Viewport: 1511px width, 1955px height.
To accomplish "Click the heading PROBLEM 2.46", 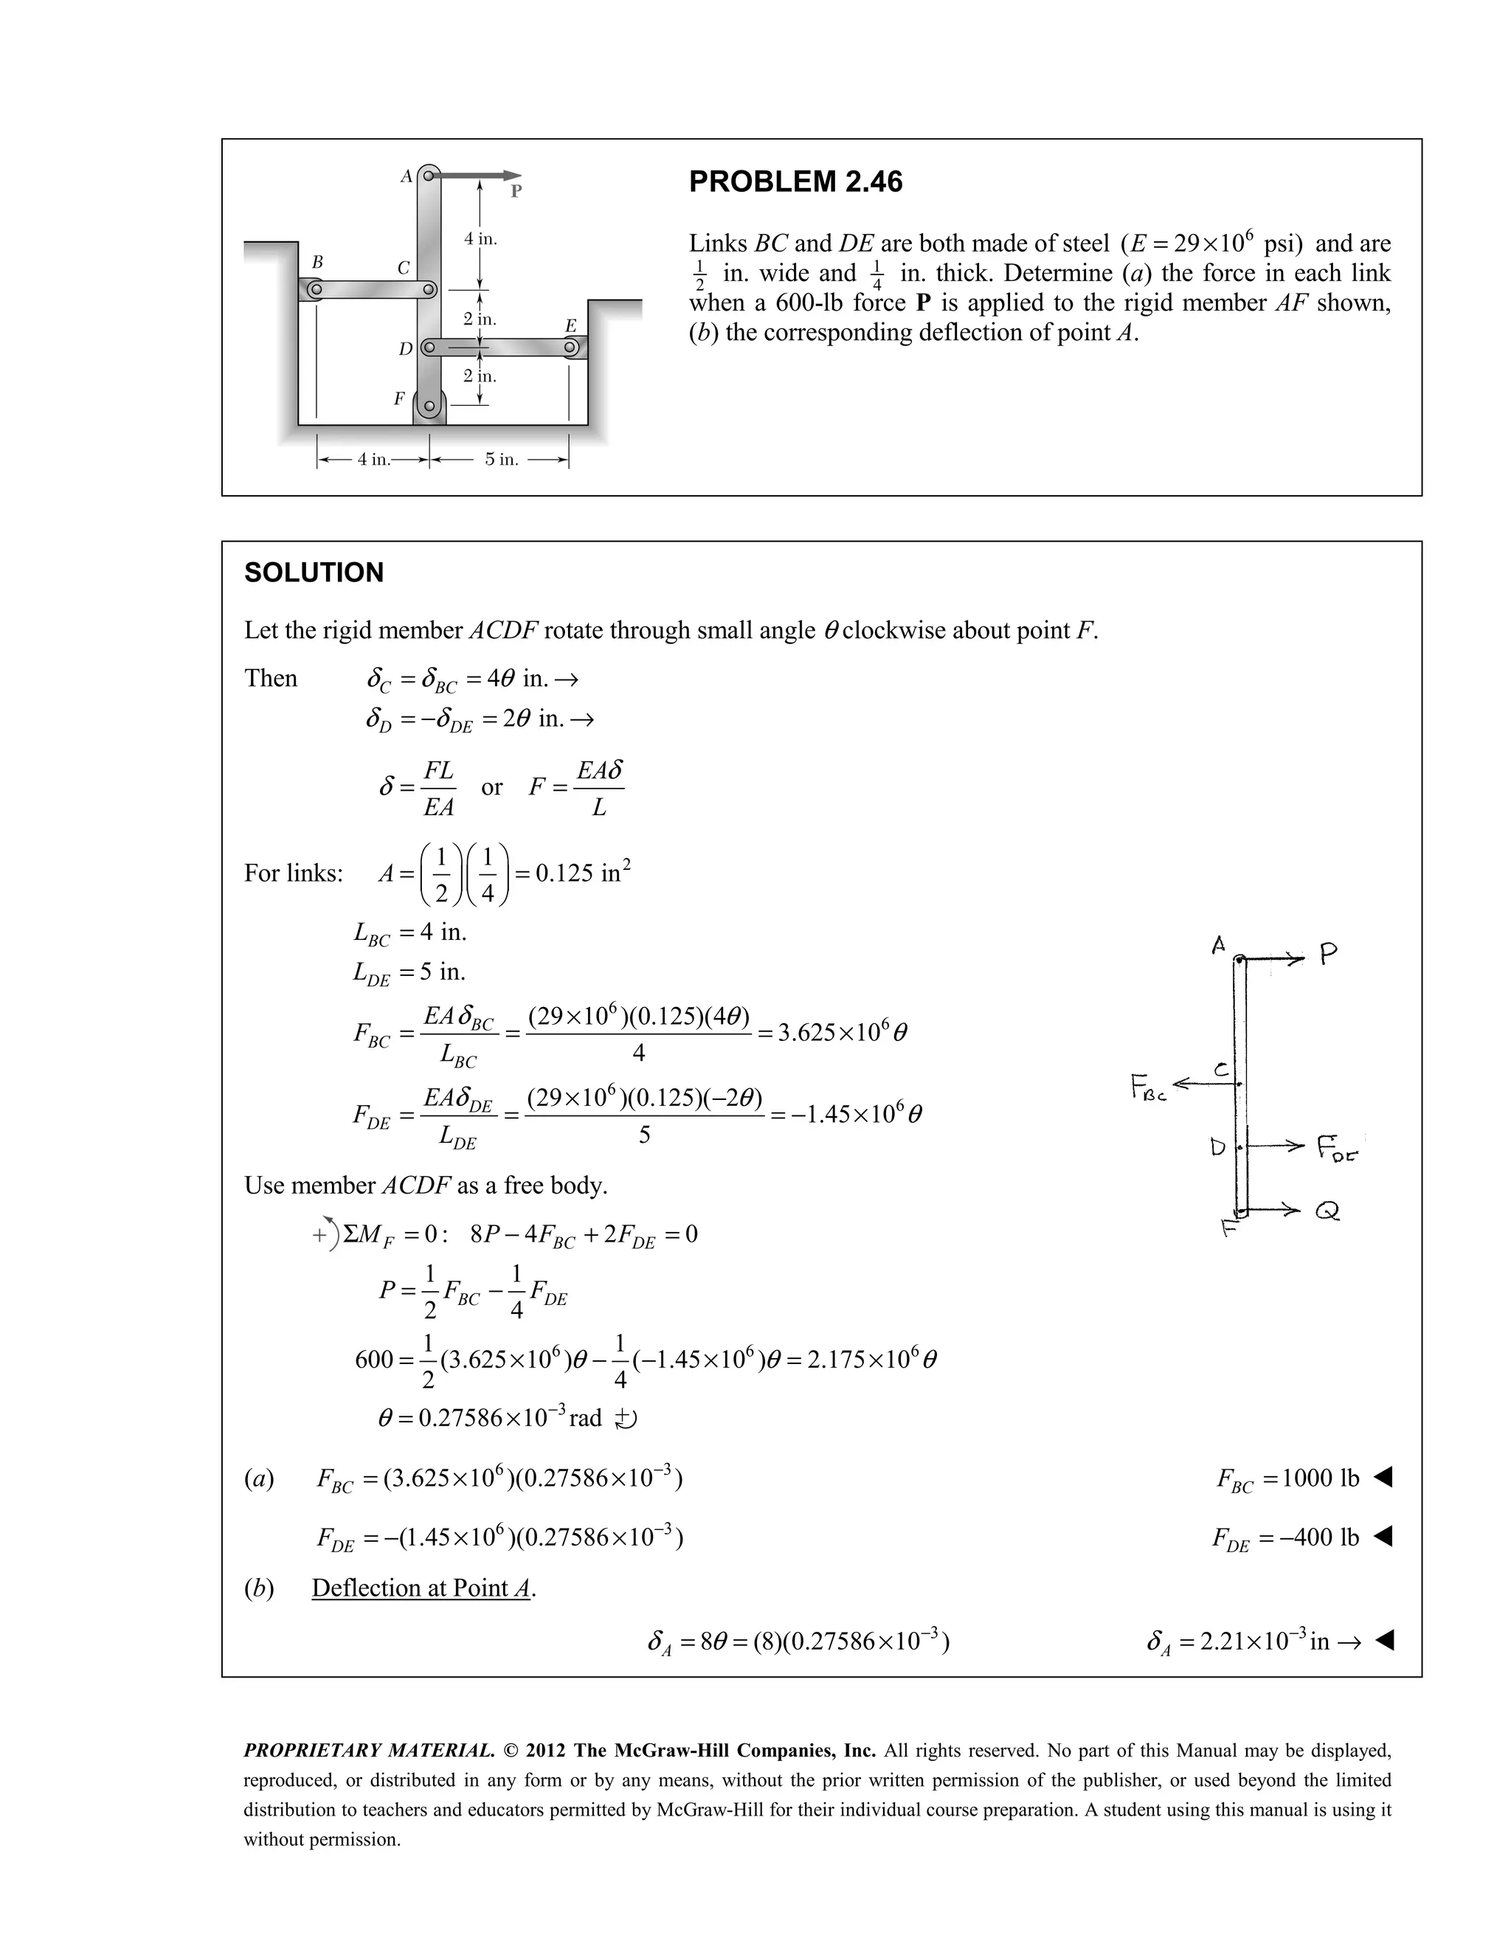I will coord(795,181).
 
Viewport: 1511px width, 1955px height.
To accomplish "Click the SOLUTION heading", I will coord(314,573).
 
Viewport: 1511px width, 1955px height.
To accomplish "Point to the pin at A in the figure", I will coord(429,176).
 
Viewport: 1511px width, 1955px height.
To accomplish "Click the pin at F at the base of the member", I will coord(429,406).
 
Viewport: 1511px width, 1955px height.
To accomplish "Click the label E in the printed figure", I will coord(570,326).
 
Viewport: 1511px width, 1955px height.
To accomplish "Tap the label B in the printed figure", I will coord(316,263).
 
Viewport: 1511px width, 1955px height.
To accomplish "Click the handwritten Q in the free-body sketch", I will coord(1327,1212).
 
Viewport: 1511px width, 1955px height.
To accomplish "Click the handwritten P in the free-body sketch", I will coord(1328,955).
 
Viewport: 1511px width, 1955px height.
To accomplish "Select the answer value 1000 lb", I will coord(1321,1478).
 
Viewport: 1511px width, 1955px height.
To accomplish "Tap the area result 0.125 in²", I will coord(582,873).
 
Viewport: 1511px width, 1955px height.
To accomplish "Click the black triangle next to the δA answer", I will coord(1384,1641).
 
